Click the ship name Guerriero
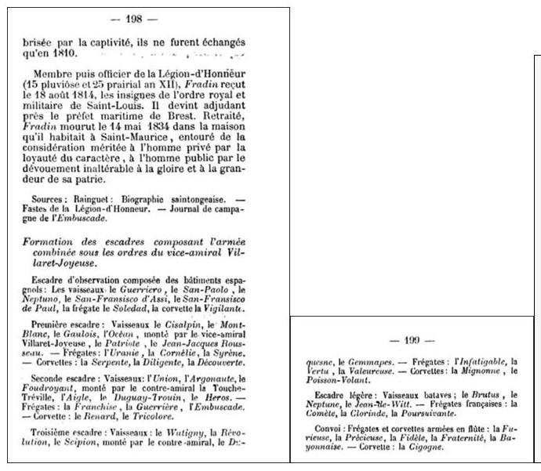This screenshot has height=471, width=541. click(129, 290)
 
